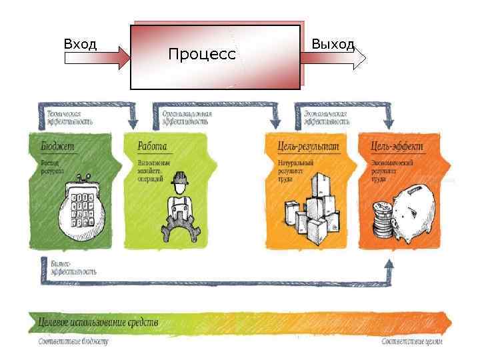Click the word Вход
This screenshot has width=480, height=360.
80,45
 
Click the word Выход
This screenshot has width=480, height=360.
333,45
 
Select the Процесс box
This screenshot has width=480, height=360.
215,57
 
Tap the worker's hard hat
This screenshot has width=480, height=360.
179,178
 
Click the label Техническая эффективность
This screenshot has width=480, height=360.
69,118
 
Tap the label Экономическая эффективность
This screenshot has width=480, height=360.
326,118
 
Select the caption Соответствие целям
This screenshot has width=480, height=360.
411,342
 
